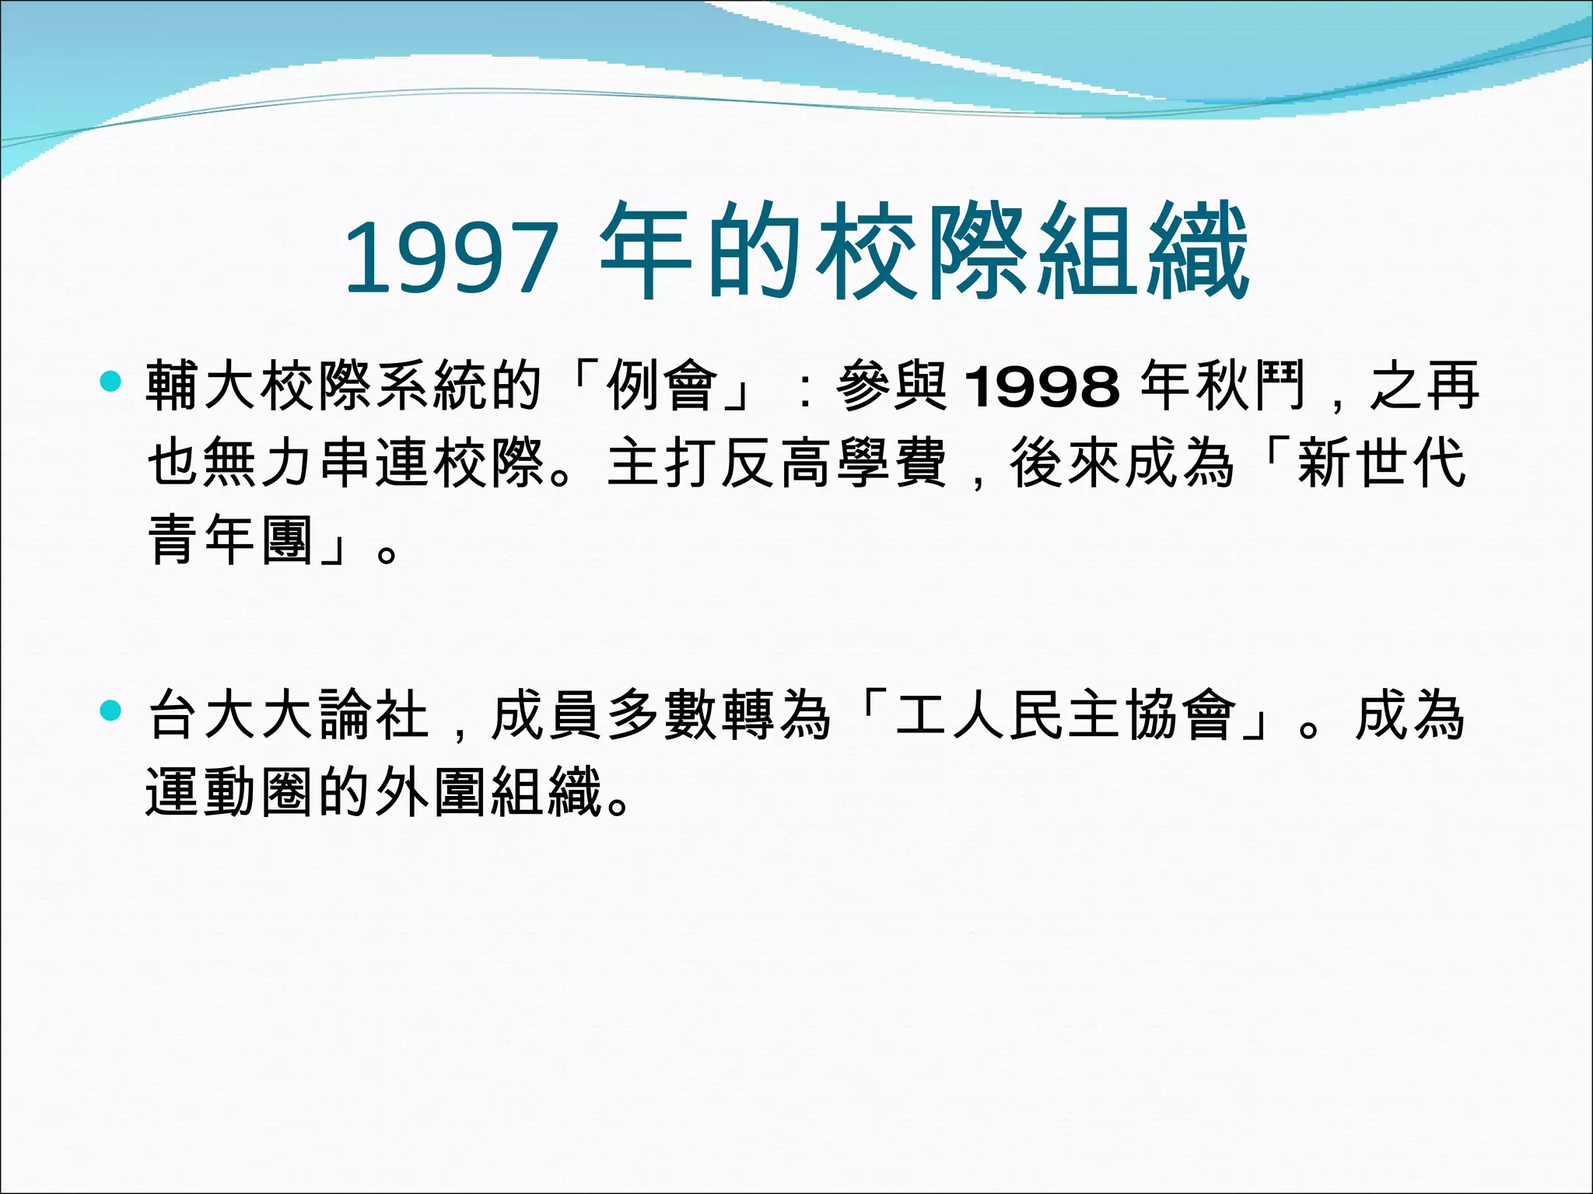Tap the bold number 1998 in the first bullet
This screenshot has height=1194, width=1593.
click(x=1042, y=386)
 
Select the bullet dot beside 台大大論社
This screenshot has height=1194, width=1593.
click(x=111, y=710)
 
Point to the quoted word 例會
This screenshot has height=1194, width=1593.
click(x=663, y=386)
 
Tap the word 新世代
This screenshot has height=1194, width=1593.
click(x=1381, y=463)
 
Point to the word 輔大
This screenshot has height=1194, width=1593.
click(x=204, y=386)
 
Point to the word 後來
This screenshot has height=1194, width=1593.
click(x=1066, y=463)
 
